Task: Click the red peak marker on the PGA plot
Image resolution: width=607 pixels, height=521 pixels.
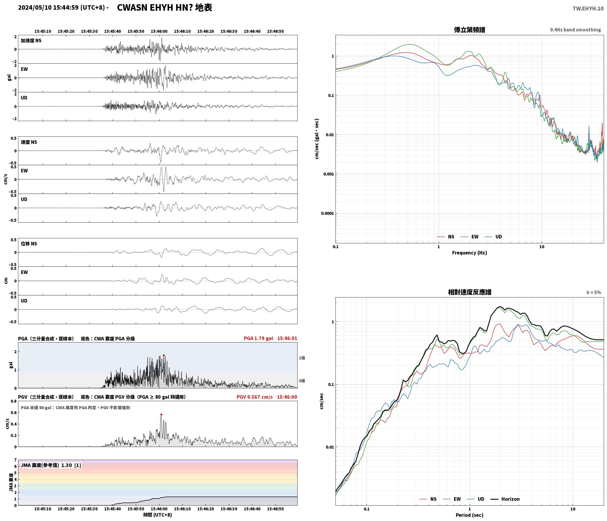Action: click(x=164, y=355)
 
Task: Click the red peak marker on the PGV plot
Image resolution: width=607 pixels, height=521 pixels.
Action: click(x=161, y=414)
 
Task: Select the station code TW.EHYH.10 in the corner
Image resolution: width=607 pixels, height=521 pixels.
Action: click(x=588, y=8)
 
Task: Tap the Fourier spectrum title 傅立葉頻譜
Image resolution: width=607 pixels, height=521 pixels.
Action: click(x=469, y=30)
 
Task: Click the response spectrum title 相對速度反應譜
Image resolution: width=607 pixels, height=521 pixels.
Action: click(x=469, y=292)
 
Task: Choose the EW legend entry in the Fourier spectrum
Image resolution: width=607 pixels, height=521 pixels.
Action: click(x=469, y=237)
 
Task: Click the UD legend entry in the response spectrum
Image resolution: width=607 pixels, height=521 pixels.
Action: click(x=476, y=499)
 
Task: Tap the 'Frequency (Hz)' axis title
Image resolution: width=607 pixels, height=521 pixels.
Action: click(x=469, y=253)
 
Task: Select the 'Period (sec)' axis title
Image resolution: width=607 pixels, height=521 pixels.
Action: click(x=469, y=515)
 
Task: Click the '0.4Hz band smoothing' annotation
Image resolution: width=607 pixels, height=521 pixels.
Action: click(x=575, y=30)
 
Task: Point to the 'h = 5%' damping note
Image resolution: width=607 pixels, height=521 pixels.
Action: click(x=594, y=292)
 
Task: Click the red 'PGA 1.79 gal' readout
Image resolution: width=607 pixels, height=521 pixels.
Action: click(x=258, y=338)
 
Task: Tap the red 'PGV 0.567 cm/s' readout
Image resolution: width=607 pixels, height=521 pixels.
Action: click(x=254, y=397)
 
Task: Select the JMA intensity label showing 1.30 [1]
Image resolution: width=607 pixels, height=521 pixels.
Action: click(x=51, y=465)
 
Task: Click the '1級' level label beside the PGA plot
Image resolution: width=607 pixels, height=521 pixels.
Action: click(x=302, y=358)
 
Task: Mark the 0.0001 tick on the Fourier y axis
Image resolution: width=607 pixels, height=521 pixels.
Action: click(x=327, y=213)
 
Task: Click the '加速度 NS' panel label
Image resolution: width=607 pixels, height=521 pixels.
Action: click(x=31, y=41)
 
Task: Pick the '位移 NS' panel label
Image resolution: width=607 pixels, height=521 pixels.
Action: click(x=29, y=244)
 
